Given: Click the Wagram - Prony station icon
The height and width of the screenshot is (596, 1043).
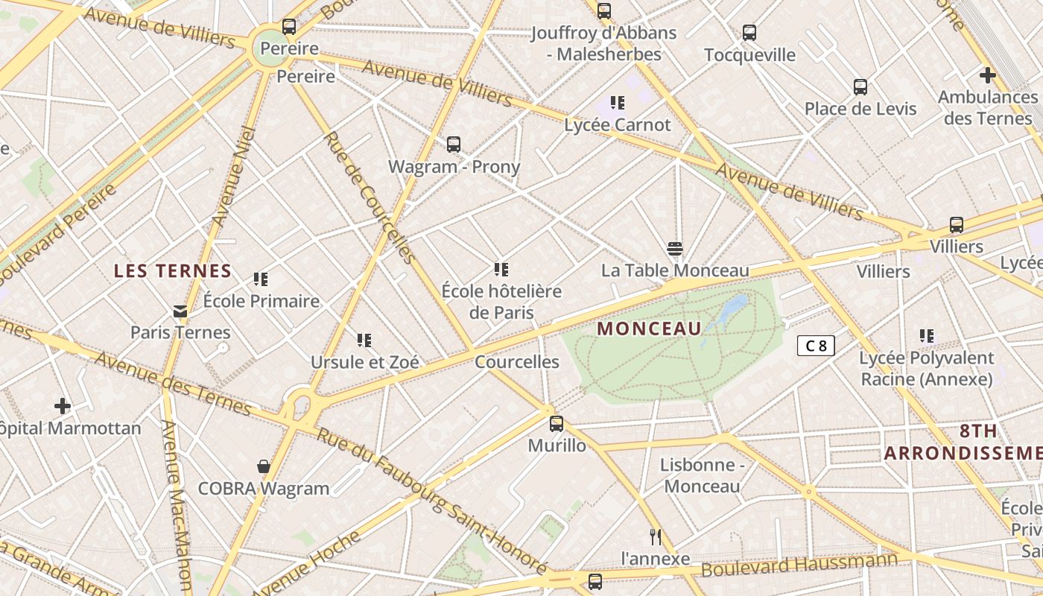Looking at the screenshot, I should (453, 145).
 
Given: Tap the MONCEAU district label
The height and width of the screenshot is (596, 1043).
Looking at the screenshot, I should (649, 329).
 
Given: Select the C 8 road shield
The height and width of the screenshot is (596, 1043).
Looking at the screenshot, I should (816, 346).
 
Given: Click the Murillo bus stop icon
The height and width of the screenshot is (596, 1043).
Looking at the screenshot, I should (556, 424).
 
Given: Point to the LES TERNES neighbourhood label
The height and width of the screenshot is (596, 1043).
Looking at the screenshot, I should (173, 271).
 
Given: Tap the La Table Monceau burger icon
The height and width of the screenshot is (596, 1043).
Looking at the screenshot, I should (675, 248).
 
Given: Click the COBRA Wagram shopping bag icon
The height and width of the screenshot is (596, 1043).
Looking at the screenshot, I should (263, 466).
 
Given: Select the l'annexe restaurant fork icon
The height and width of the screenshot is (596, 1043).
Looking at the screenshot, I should (656, 536).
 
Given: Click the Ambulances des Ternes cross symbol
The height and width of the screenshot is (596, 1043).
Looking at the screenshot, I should (987, 75).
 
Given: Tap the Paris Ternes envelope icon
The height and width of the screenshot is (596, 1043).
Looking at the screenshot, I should (180, 311).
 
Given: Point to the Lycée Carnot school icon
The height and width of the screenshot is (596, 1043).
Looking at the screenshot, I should (617, 102).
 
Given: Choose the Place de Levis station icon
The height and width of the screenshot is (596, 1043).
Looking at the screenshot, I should (860, 86).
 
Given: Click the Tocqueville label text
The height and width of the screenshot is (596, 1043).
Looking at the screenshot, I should (749, 55).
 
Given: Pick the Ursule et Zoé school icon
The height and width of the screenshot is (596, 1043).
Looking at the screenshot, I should (364, 340).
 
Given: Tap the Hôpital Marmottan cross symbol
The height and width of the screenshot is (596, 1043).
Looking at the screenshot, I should (63, 406).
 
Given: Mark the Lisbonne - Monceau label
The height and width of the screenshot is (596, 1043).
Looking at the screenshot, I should (702, 475).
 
